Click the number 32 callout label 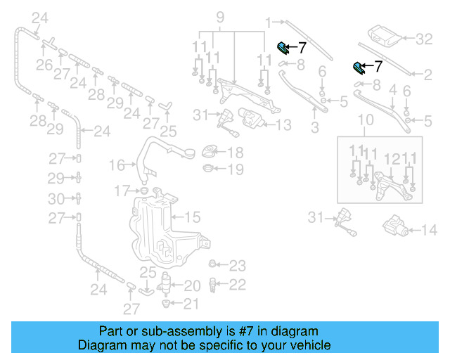coord(425,39)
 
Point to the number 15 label coord(193,217)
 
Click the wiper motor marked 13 coord(252,120)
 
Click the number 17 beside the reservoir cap coord(122,190)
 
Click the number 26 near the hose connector coord(44,66)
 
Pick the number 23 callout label coord(238,266)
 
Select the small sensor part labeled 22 coord(213,285)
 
